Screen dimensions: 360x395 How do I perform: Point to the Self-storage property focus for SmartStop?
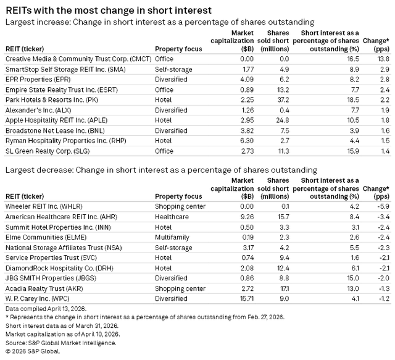tap(171, 69)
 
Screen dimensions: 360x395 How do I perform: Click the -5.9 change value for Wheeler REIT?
tap(381, 206)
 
